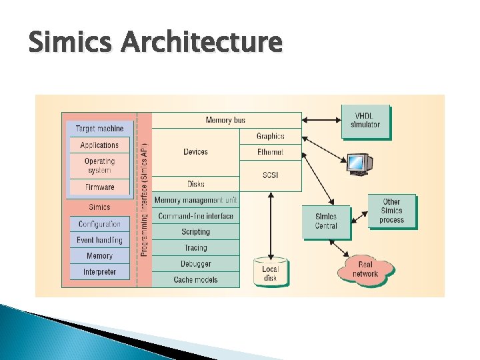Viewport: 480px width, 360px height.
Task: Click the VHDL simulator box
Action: (365, 121)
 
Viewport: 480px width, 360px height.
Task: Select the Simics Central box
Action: (326, 221)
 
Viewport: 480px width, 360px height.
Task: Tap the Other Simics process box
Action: (391, 211)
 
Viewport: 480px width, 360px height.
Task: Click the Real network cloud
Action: (365, 269)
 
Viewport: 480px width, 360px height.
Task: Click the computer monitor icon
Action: (359, 163)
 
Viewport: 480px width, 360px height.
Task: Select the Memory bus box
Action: (226, 121)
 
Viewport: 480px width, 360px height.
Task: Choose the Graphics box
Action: (270, 136)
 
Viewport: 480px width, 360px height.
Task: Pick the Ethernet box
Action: (270, 152)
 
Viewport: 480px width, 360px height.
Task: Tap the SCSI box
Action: (270, 175)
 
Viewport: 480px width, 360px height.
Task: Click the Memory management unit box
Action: (195, 200)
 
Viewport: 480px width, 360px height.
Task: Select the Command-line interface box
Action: (195, 216)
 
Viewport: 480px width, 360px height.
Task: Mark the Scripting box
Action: (195, 232)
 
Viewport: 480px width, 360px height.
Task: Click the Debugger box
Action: (195, 264)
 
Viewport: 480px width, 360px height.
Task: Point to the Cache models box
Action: (195, 279)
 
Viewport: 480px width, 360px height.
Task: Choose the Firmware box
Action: (99, 187)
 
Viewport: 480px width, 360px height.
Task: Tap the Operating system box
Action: (99, 165)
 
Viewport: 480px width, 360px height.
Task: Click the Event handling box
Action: (99, 240)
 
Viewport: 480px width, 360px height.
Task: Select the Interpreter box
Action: (99, 272)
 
